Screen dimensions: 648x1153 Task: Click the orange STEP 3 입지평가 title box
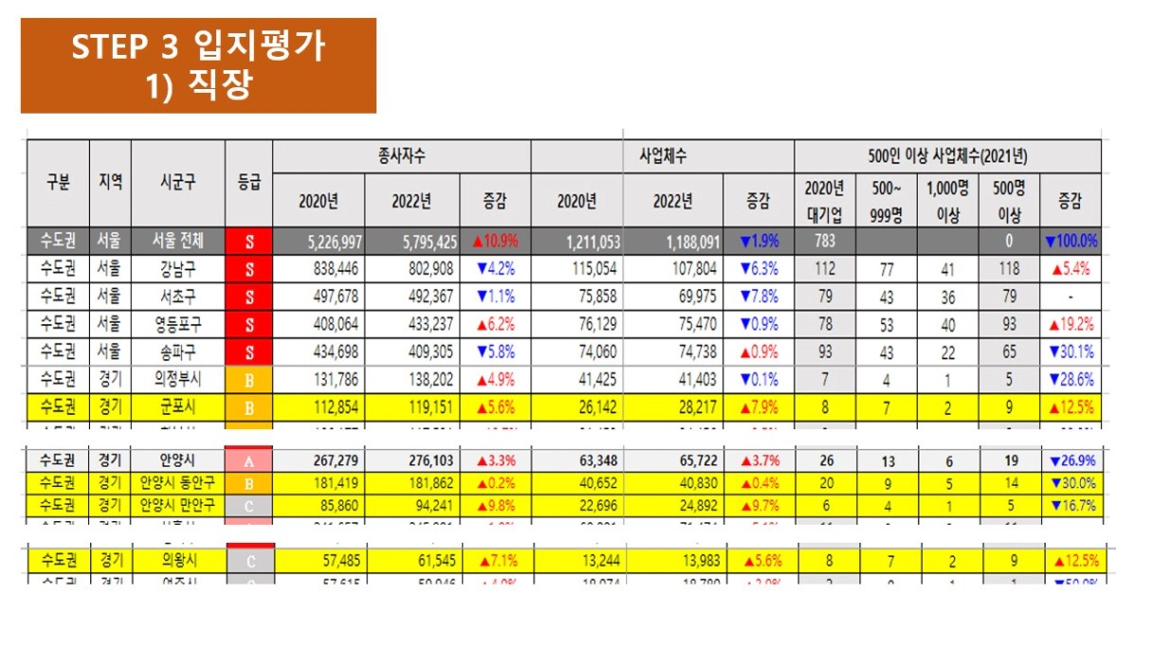point(198,65)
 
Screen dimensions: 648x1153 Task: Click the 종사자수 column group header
point(400,155)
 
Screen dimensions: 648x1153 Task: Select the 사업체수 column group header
point(661,155)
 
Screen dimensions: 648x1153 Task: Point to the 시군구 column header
point(177,184)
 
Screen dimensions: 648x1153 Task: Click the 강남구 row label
point(177,268)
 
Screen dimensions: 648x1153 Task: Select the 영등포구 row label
point(177,323)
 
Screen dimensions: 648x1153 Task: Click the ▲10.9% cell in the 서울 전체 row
point(495,242)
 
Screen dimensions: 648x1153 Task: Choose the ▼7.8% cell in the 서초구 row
point(758,297)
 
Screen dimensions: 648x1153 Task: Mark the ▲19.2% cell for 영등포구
point(1071,324)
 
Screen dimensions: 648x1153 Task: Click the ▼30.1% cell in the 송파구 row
point(1071,351)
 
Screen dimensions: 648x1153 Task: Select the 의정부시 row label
point(177,379)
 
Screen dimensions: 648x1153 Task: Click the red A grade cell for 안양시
point(248,460)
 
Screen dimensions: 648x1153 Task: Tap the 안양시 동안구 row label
point(177,482)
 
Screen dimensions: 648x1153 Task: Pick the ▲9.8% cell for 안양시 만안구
point(495,505)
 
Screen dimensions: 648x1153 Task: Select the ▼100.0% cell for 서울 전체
point(1071,242)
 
